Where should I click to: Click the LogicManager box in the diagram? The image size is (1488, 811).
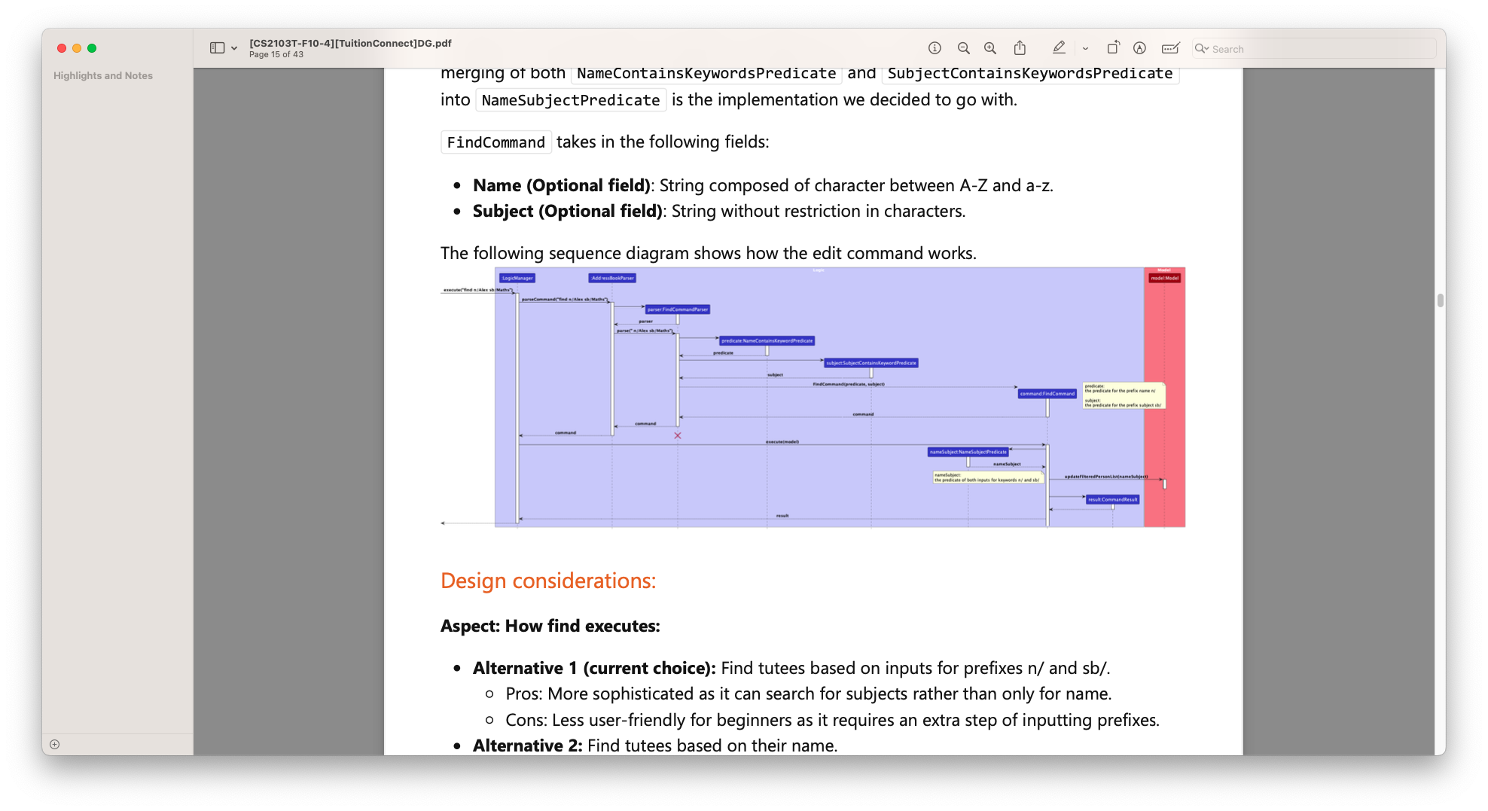(x=517, y=278)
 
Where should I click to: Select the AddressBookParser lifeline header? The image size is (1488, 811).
(x=612, y=278)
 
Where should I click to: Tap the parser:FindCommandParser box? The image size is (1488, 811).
(x=677, y=309)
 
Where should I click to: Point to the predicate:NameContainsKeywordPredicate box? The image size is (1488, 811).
(x=767, y=341)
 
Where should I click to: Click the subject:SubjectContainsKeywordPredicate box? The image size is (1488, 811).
(x=871, y=363)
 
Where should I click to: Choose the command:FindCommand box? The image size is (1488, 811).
(x=1047, y=394)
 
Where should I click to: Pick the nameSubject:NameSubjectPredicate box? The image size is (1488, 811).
(x=968, y=452)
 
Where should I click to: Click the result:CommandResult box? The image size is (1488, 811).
(x=1112, y=499)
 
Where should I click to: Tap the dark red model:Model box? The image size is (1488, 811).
(x=1164, y=278)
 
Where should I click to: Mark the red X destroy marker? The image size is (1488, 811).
(x=678, y=436)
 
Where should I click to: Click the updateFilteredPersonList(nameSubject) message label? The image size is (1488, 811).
(x=1105, y=477)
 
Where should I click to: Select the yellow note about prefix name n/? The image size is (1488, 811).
(x=1123, y=395)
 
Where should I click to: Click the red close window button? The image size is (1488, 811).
(x=62, y=48)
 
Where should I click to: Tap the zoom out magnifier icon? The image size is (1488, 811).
(x=963, y=48)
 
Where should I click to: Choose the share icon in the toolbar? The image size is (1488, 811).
(x=1020, y=48)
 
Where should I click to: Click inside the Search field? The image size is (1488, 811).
(x=1318, y=49)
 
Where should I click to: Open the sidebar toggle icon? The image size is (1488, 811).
(x=217, y=48)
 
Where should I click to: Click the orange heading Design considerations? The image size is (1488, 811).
(x=548, y=581)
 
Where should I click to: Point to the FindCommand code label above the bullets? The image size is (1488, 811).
(x=495, y=142)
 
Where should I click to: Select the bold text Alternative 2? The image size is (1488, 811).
(x=527, y=745)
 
